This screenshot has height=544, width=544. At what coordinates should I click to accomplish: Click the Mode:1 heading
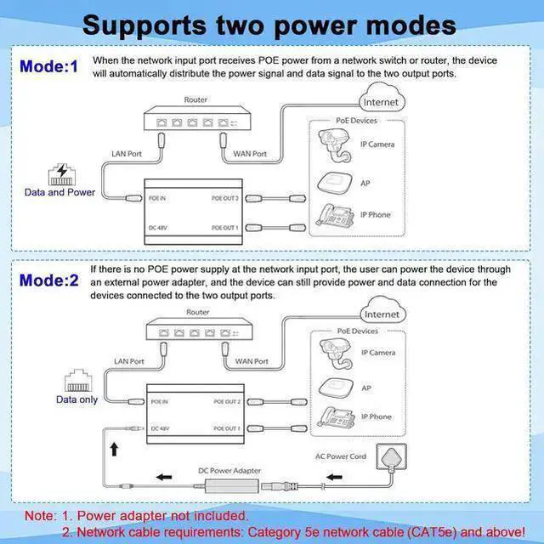coord(49,66)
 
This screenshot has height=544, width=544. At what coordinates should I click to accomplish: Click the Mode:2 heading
coord(49,280)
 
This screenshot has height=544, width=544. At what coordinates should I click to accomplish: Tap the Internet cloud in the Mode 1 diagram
coord(382,98)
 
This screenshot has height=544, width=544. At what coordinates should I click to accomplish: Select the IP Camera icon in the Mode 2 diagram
coord(336,354)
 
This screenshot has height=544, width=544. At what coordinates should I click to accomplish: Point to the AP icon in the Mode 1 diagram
coord(335,183)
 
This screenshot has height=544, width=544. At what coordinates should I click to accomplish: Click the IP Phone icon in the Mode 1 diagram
coord(335,214)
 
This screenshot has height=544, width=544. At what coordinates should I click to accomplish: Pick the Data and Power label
coord(59,192)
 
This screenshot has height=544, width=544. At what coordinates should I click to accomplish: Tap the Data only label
coord(76,399)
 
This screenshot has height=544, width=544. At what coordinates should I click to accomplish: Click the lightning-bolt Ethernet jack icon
coord(62,174)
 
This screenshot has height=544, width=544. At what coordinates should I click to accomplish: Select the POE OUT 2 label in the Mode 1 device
coord(224,198)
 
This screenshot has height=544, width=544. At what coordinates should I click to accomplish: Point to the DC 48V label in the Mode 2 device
coord(160,428)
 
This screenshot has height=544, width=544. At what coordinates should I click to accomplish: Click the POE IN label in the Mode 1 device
coord(157,198)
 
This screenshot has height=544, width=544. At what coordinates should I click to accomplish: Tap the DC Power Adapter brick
coord(232,485)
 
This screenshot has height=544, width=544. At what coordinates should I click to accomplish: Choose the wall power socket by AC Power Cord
coord(391,457)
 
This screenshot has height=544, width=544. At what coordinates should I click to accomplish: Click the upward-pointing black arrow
coord(114,449)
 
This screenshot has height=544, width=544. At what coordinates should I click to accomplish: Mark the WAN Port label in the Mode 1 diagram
coord(250,154)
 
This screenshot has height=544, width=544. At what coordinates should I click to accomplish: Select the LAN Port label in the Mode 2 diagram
coord(129,361)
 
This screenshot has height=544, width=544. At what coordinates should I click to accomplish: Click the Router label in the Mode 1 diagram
coord(195,100)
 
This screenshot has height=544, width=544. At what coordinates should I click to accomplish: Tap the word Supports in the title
coord(144,26)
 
